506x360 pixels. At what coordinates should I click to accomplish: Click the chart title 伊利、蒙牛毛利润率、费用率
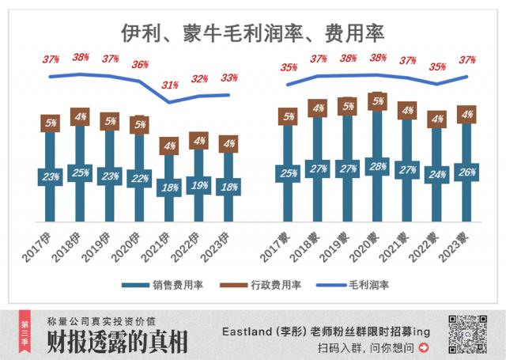(x=252, y=33)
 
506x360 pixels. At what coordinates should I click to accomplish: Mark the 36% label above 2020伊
(x=139, y=65)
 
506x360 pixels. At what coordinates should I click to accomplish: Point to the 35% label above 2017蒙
(x=289, y=68)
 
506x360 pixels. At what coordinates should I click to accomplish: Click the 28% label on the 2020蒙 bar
(x=378, y=166)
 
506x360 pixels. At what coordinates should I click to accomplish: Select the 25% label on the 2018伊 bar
(x=80, y=173)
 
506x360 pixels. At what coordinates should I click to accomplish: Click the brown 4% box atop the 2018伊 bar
(x=80, y=117)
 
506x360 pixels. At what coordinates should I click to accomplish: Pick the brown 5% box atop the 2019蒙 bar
(x=348, y=105)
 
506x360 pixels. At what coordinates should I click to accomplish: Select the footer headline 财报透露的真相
(x=117, y=343)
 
